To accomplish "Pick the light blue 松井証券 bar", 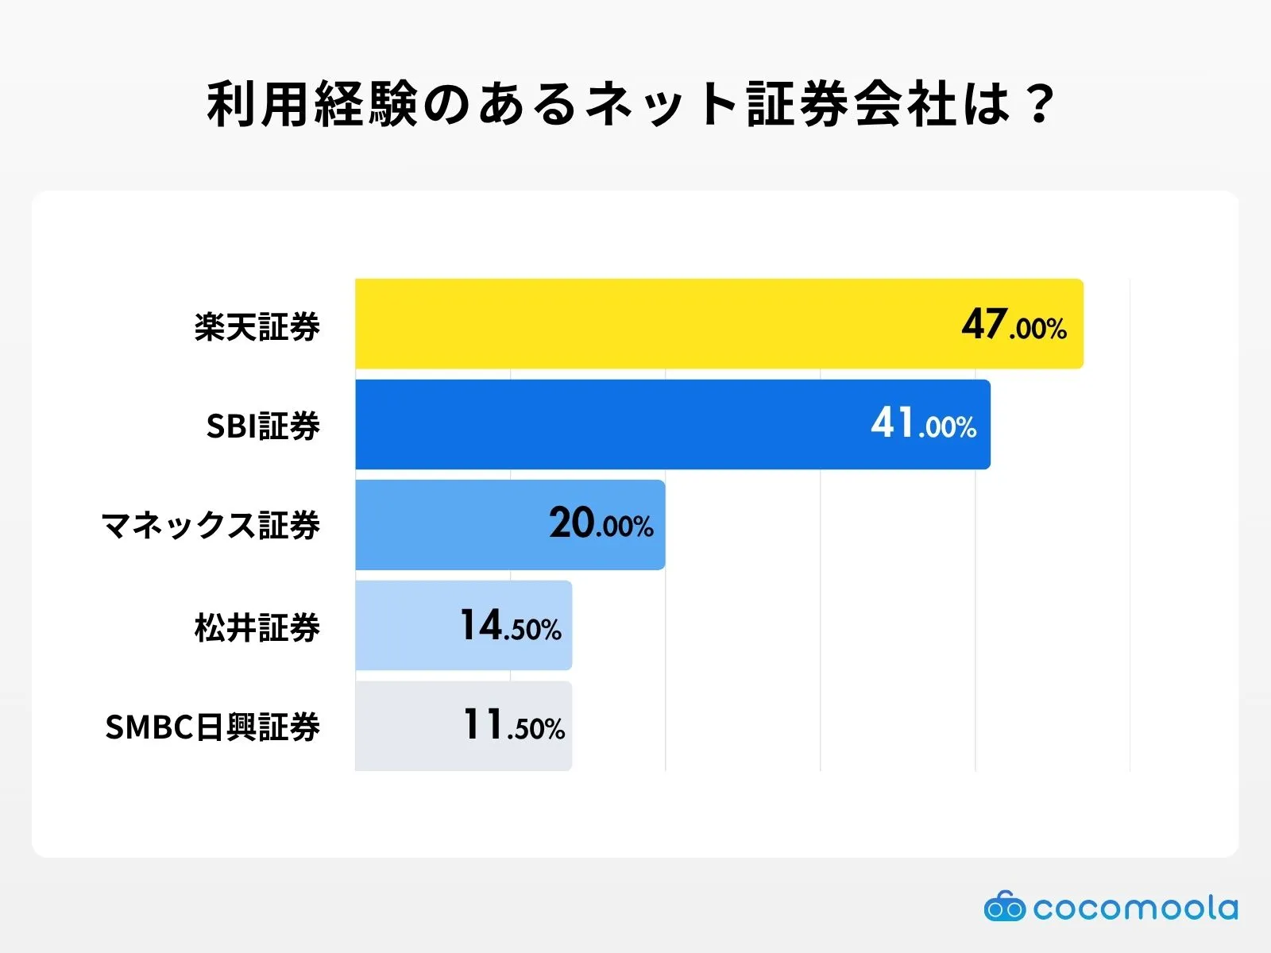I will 405,625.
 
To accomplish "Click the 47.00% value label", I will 1014,325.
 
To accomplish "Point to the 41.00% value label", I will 923,424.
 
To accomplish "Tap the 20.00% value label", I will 601,524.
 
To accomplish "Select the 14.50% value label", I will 511,626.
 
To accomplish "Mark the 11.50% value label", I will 513,726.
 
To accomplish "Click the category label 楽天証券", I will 257,326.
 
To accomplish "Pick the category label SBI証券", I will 263,426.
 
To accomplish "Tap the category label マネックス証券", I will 211,526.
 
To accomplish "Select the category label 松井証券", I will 257,627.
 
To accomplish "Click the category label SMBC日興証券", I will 212,727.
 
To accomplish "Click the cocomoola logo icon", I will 1004,906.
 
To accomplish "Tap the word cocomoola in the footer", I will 1135,908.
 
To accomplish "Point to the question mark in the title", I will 1037,104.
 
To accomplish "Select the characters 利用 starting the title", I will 259,104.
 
